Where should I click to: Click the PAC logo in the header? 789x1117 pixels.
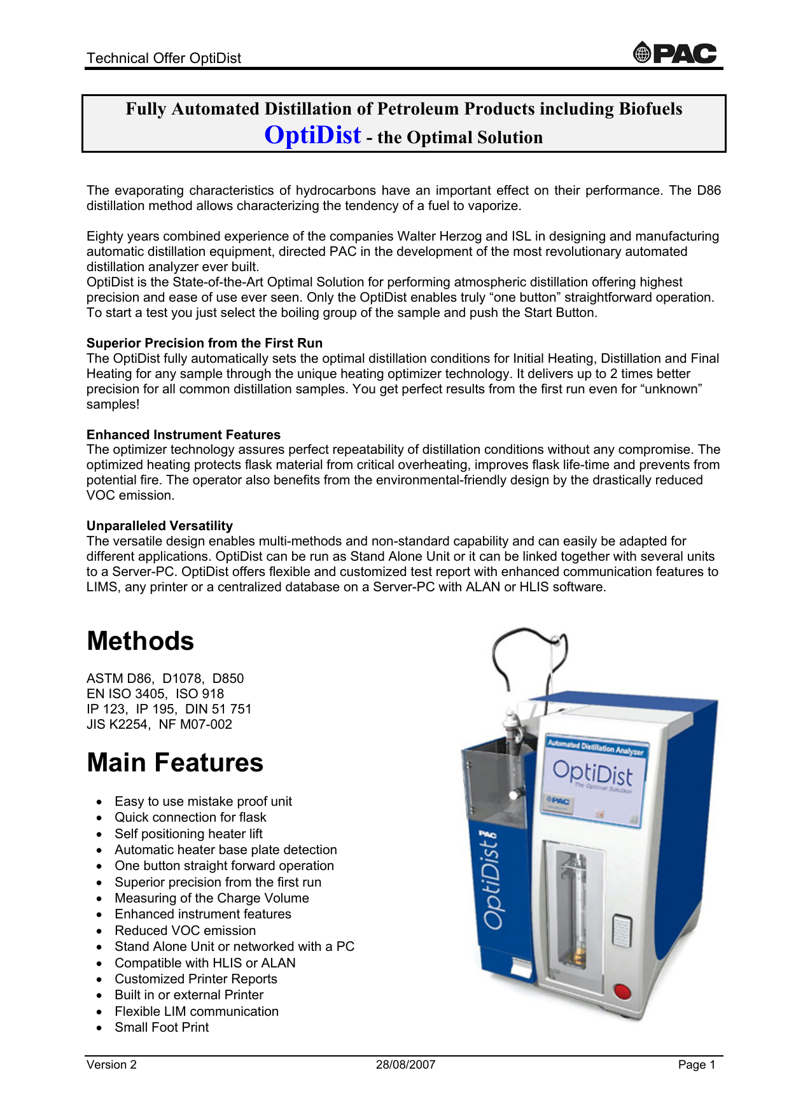[675, 53]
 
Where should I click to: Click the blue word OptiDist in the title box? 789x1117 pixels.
[312, 135]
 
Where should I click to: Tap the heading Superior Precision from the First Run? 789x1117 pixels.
[204, 343]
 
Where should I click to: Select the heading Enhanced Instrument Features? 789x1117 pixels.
[183, 435]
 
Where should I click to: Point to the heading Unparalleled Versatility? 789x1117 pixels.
[160, 526]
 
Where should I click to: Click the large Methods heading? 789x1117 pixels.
[141, 641]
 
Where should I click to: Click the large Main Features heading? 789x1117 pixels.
[175, 762]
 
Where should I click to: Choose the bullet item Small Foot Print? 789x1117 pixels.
[162, 1027]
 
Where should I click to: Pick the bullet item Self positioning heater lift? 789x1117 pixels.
[188, 834]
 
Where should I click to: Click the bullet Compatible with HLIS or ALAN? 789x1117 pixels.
[205, 963]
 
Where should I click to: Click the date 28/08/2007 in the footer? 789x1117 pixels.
[405, 1065]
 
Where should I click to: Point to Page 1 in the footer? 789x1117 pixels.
[697, 1065]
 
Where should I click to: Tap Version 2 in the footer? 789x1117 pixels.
[111, 1065]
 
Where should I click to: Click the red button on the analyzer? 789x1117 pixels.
[621, 991]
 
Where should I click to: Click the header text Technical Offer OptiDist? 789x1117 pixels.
[164, 58]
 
